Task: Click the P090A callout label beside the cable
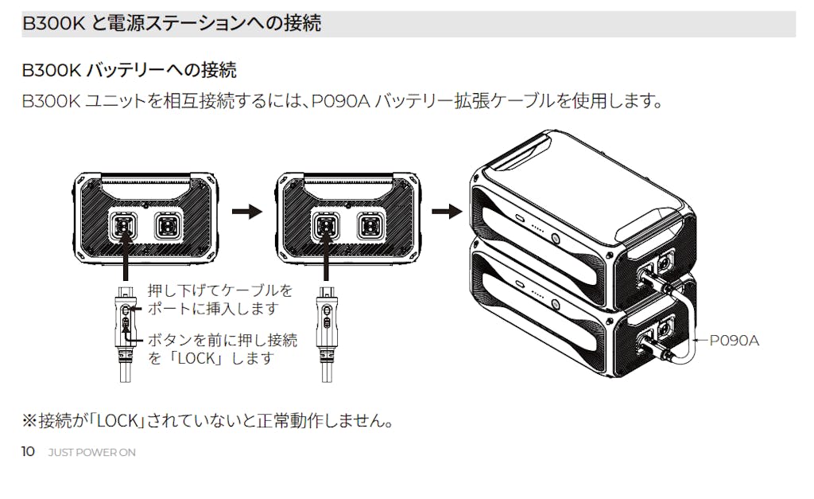734,341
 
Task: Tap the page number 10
28,452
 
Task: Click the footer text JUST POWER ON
91,453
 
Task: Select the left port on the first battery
123,226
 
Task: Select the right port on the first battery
167,226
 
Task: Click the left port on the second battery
324,226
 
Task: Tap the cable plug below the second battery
325,318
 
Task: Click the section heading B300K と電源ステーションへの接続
172,23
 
